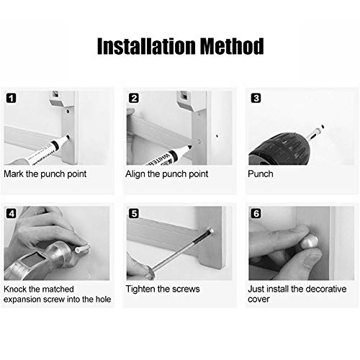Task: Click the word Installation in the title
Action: tap(146, 46)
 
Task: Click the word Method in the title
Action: tap(232, 46)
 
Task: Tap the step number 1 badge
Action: tap(11, 98)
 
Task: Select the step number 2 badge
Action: tap(134, 98)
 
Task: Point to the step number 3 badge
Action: tap(256, 98)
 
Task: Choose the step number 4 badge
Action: tap(12, 213)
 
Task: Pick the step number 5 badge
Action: tap(134, 213)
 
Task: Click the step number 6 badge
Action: tap(256, 213)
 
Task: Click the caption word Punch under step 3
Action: tap(261, 174)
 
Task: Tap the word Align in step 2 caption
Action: tap(135, 174)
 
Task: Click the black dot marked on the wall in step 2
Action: tap(217, 136)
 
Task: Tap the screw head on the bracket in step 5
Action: tap(210, 232)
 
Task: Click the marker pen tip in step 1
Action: tap(68, 138)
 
